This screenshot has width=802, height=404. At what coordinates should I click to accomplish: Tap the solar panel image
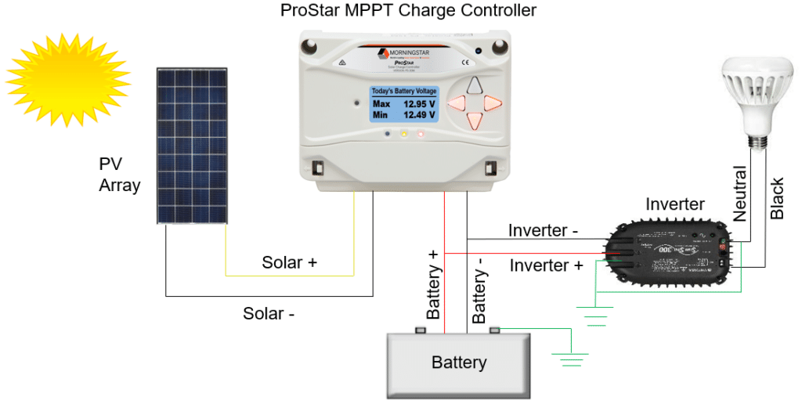tap(191, 144)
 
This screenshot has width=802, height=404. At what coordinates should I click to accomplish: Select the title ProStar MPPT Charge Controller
tap(408, 11)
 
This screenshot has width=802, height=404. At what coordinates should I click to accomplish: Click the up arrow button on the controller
tap(472, 86)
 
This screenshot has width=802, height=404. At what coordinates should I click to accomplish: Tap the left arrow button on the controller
tap(456, 103)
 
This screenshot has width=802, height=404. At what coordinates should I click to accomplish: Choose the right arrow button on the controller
tap(491, 103)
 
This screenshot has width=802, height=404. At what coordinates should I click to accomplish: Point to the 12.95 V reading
tap(420, 103)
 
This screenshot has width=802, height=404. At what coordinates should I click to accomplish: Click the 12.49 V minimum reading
tap(420, 115)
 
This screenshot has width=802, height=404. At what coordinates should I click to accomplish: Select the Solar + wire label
tap(289, 263)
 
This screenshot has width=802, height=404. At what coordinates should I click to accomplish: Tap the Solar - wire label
tap(269, 314)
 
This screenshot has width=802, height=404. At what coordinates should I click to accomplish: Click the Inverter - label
tap(543, 231)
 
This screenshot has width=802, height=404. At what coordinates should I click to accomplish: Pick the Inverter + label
tap(546, 266)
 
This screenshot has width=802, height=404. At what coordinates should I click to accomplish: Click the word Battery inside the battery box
tap(459, 363)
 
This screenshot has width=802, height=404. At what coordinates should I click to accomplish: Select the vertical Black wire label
tap(777, 198)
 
